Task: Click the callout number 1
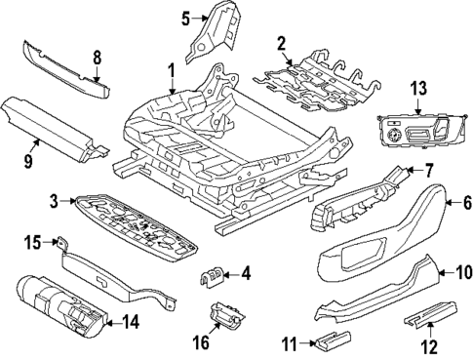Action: pos(172,70)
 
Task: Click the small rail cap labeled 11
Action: pos(332,340)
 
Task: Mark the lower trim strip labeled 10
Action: pos(371,293)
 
